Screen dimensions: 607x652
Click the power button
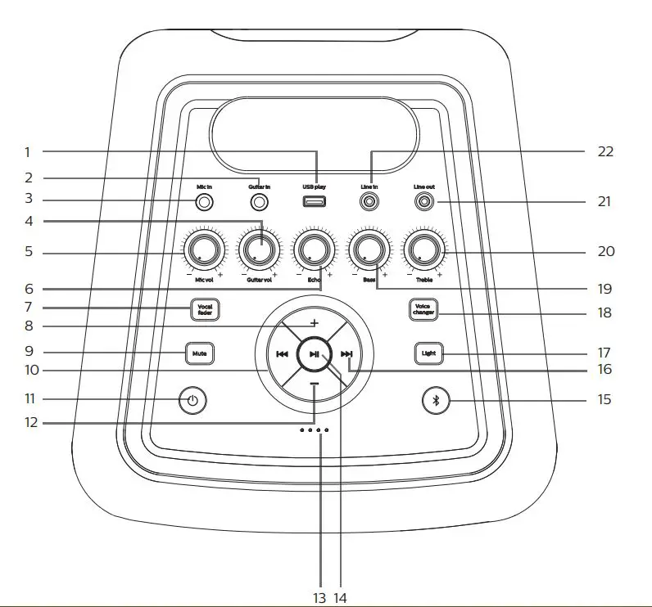pyautogui.click(x=192, y=401)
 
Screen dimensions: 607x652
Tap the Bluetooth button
pyautogui.click(x=436, y=401)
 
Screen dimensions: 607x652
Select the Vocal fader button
pyautogui.click(x=205, y=309)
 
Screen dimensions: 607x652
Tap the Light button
pyautogui.click(x=428, y=353)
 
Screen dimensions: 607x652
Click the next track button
pyautogui.click(x=346, y=354)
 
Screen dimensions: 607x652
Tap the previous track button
pyautogui.click(x=282, y=354)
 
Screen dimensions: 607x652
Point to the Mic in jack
pyautogui.click(x=205, y=201)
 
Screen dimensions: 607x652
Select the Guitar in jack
pyautogui.click(x=260, y=201)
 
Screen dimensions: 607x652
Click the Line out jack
pyautogui.click(x=423, y=200)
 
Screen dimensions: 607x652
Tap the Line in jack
pyautogui.click(x=369, y=200)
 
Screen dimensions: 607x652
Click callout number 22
pyautogui.click(x=606, y=151)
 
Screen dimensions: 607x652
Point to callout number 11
pyautogui.click(x=29, y=398)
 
